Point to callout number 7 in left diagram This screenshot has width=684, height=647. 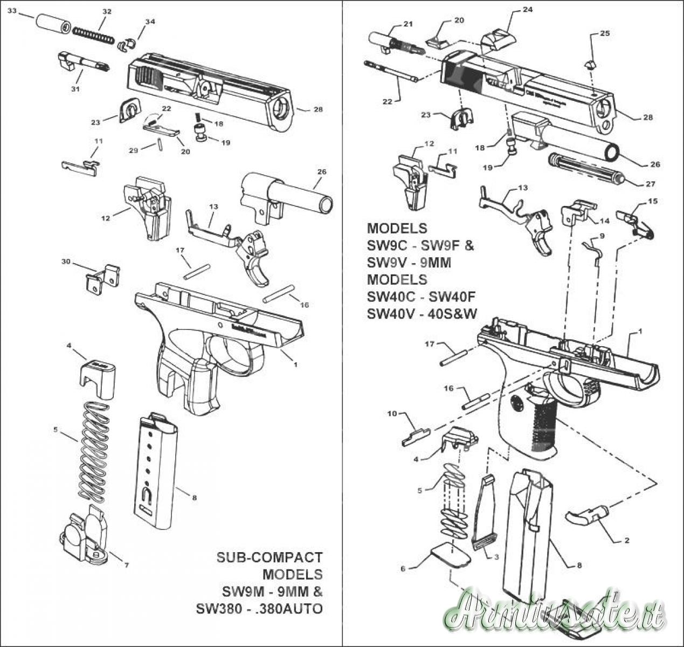(126, 566)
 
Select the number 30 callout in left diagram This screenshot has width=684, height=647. (66, 261)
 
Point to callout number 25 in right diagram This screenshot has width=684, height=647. (605, 33)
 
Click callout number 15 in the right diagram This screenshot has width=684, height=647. (653, 201)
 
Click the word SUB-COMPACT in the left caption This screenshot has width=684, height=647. (269, 557)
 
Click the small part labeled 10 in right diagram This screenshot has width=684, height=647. (416, 435)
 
